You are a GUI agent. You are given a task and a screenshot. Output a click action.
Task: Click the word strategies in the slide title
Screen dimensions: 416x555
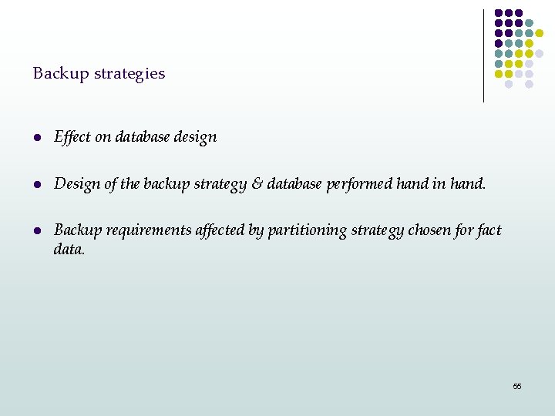click(x=129, y=74)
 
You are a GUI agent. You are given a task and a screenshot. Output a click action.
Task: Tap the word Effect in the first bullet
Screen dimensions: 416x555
click(x=72, y=137)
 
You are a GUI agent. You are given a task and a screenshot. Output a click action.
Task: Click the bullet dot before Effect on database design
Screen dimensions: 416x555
click(x=37, y=137)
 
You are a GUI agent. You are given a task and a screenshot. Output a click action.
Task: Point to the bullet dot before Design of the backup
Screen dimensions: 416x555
click(x=37, y=184)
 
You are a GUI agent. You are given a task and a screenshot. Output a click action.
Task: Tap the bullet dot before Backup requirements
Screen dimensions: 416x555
click(x=37, y=230)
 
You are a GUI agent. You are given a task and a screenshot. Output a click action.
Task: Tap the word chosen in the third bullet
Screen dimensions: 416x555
click(x=427, y=230)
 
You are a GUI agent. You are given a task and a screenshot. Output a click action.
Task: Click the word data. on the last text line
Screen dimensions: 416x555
click(x=69, y=249)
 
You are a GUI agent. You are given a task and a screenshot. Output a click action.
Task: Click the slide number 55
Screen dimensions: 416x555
click(x=517, y=386)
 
